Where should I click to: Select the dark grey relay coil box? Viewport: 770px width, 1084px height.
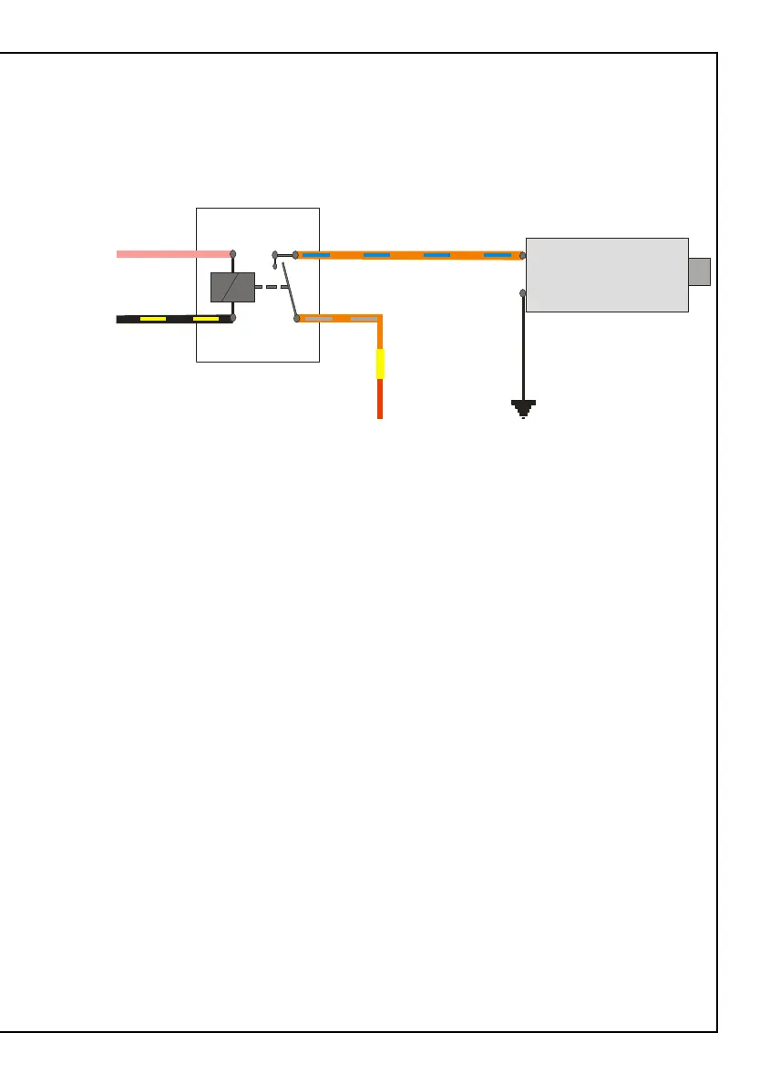pos(232,287)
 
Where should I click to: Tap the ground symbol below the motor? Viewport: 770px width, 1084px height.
pos(523,408)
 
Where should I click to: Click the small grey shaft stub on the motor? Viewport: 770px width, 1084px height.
pos(699,271)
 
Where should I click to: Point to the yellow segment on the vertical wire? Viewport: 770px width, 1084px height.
pos(381,363)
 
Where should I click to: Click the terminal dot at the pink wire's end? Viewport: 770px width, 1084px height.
pos(233,254)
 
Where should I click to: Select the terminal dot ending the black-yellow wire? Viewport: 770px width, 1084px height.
pos(233,319)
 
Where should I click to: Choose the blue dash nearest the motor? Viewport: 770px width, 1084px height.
pos(497,255)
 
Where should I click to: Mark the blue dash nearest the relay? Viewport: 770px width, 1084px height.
pos(316,255)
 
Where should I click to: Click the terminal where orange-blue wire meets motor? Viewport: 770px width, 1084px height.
pos(523,256)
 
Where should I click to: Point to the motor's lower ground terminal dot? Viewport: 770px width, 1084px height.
pos(523,293)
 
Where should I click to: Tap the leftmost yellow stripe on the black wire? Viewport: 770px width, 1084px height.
pos(152,319)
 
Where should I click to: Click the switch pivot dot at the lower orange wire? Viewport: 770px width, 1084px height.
pos(297,319)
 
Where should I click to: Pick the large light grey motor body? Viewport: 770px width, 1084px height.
pos(606,274)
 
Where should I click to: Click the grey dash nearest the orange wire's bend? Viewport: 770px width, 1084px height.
pos(364,319)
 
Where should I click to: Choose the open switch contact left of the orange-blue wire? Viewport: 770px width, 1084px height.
pos(276,256)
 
